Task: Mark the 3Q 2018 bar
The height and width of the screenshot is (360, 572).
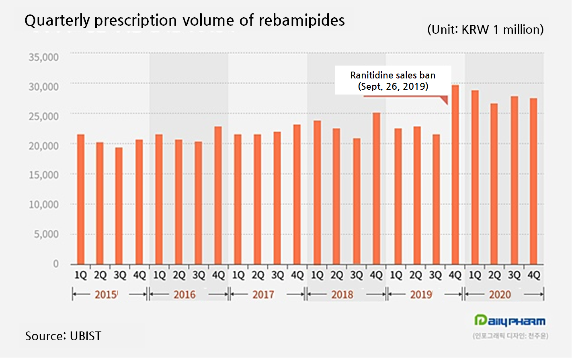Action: (x=357, y=201)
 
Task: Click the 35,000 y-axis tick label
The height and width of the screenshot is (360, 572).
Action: (x=43, y=57)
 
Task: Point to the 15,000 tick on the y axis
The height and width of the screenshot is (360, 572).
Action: (x=43, y=175)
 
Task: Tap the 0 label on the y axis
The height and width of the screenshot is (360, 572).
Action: (x=56, y=264)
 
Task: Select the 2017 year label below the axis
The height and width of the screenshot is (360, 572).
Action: (x=263, y=295)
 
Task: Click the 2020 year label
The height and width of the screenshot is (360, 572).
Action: (x=500, y=295)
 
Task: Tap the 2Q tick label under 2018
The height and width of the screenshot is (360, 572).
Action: (x=337, y=276)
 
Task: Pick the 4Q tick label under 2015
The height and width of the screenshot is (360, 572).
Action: (x=139, y=276)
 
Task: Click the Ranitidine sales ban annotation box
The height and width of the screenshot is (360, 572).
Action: (x=393, y=80)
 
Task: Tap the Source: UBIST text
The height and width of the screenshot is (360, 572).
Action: (x=64, y=336)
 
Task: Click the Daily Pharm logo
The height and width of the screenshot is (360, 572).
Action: (x=510, y=321)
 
